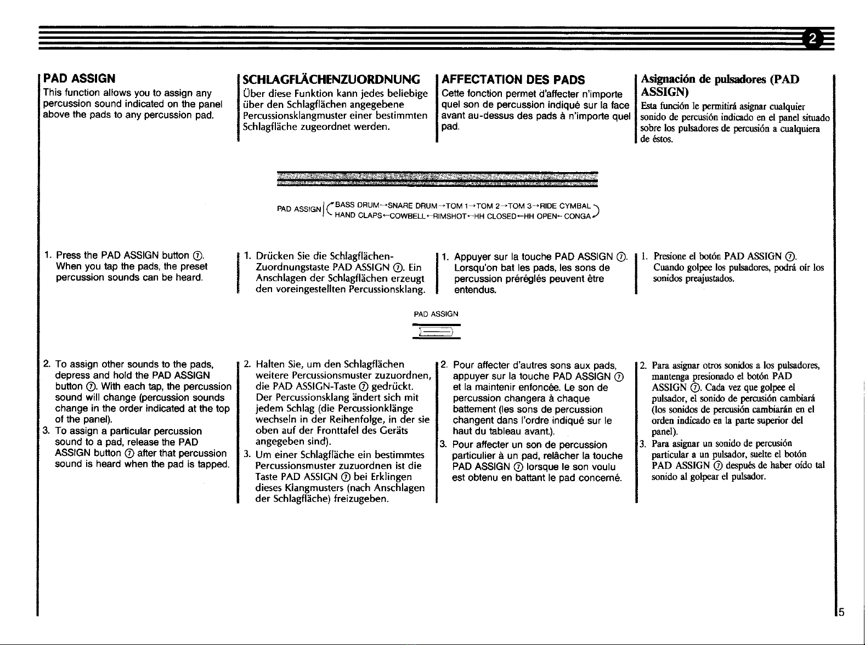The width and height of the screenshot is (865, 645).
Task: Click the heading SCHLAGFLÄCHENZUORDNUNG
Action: [x=331, y=79]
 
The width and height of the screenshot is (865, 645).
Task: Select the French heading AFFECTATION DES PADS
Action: [x=513, y=80]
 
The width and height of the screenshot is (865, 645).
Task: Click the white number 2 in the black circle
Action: [x=812, y=38]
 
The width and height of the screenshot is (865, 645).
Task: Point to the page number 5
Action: [x=841, y=612]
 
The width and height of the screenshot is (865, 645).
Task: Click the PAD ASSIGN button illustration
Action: [x=436, y=332]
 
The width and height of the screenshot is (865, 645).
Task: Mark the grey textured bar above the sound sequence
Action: [x=437, y=179]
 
